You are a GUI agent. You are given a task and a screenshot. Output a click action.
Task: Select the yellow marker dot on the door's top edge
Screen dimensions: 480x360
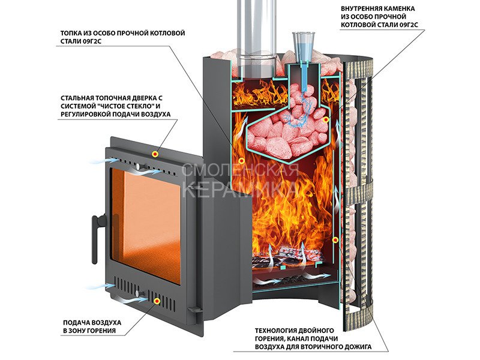[155, 154]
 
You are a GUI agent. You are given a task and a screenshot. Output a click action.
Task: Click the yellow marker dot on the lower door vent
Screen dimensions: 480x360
[157, 301]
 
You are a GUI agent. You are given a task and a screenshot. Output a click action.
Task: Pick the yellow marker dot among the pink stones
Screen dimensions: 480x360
[326, 119]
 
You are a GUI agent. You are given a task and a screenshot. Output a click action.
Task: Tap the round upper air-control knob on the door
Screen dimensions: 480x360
[139, 167]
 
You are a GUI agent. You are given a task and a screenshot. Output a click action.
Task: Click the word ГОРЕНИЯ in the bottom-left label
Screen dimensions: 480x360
[101, 331]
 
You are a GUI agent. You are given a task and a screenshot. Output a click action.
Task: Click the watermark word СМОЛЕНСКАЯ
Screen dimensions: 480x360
[240, 170]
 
